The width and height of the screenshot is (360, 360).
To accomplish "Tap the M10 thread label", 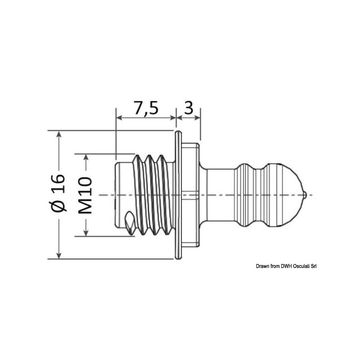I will pyautogui.click(x=85, y=194).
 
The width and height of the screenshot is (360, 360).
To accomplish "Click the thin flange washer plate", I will pyautogui.click(x=177, y=195).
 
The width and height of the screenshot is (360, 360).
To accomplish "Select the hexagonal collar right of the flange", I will pyautogui.click(x=190, y=195).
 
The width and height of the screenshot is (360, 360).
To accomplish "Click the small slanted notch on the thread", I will pyautogui.click(x=129, y=219).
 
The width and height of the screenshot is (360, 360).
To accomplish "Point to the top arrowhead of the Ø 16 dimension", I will pyautogui.click(x=59, y=135).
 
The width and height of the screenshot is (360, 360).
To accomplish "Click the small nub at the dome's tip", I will pyautogui.click(x=304, y=194).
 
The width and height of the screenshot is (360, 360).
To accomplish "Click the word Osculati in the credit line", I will pyautogui.click(x=295, y=266).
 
